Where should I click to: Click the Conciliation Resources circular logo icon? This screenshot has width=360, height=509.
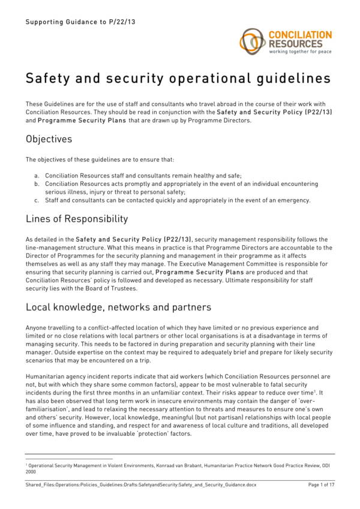[x=253, y=40]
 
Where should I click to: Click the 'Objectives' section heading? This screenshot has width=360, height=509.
[x=49, y=139]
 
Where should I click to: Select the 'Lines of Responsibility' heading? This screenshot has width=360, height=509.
[x=77, y=219]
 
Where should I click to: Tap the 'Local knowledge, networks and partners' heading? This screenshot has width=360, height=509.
[x=118, y=307]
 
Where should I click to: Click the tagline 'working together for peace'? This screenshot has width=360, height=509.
[x=300, y=52]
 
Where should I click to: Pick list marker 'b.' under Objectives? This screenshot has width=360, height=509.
[x=37, y=183]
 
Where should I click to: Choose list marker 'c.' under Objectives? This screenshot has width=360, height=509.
[x=37, y=200]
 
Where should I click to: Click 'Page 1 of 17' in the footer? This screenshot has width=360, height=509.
[x=321, y=484]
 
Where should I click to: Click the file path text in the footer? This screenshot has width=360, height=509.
[x=140, y=484]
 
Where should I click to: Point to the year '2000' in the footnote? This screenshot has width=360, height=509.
[x=31, y=471]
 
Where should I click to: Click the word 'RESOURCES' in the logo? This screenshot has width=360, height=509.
[x=295, y=44]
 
